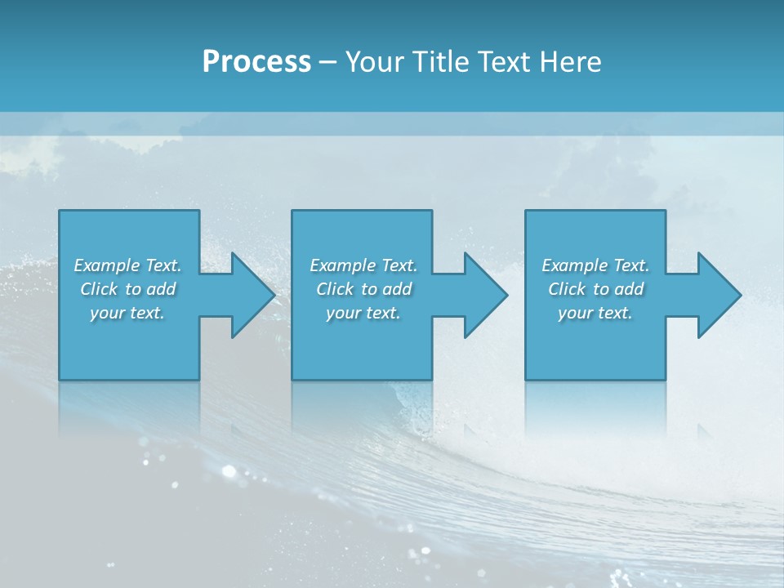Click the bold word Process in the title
[256, 62]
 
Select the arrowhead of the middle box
[484, 295]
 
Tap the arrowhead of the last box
[718, 295]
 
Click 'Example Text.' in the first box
[127, 265]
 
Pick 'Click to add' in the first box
[127, 289]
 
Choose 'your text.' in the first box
[127, 313]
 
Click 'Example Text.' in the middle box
[363, 265]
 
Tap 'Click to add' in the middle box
[363, 289]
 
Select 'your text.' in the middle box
[363, 313]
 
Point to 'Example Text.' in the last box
[595, 265]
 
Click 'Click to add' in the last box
[595, 289]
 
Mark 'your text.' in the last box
[595, 313]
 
